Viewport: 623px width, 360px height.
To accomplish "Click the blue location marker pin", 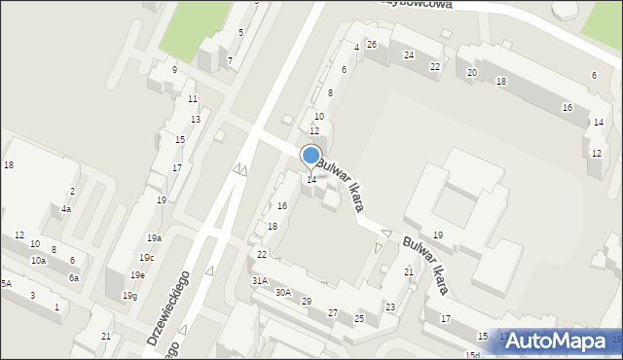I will coord(311,156).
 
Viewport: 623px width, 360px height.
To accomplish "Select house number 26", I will coord(372,46).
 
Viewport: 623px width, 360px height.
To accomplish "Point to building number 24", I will coord(409,55).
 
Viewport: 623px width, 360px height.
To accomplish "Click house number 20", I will coord(472,73).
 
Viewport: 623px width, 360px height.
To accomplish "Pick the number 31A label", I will coord(260,280).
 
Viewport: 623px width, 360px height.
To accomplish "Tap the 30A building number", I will coord(283,292).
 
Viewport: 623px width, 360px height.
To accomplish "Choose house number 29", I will coord(307,302).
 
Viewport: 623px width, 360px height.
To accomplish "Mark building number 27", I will coord(333,312).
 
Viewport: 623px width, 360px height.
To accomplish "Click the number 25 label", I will coord(359,319).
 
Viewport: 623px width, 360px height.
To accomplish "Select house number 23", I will coord(390,307).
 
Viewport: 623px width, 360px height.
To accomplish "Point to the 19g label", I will coord(129,296).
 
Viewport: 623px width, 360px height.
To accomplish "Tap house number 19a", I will coord(154,238).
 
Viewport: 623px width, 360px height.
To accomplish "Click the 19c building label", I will coord(146,258).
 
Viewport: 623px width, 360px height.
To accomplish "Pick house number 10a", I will coord(38,261).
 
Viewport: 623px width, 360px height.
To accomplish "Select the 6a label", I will coord(74,278).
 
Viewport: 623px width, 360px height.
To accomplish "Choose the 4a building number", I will coord(66,209).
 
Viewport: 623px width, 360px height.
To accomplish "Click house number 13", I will coord(196,119).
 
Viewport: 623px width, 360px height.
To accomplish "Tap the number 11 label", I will coord(193,99).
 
